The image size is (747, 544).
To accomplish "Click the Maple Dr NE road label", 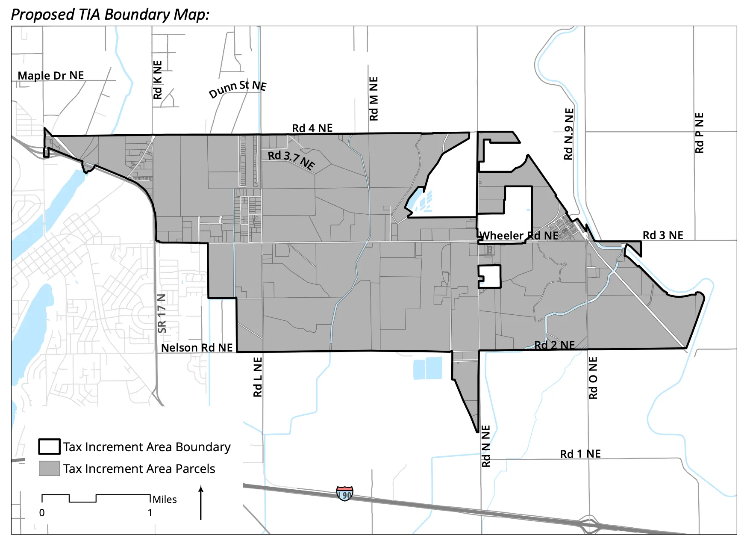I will (x=50, y=76).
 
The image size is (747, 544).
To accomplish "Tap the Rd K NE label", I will (x=158, y=80).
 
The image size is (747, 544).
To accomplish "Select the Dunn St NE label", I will (x=238, y=89).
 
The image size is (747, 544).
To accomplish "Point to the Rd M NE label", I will (x=373, y=99).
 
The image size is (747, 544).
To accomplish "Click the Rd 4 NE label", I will (x=312, y=128).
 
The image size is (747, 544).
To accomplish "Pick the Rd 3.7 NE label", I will (x=291, y=160).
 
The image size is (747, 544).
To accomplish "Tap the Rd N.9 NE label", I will (x=569, y=134).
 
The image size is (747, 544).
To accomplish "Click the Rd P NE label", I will (x=699, y=133).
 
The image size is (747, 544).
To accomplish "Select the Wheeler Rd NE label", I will (x=519, y=236).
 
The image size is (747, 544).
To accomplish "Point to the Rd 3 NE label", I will (x=663, y=235).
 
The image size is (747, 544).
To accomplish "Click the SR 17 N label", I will (x=162, y=313).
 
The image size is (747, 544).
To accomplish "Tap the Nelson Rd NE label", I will (x=197, y=348).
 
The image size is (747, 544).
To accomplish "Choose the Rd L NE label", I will (x=258, y=377).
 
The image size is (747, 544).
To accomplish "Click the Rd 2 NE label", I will (x=554, y=345).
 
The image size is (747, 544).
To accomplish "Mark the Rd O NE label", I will (x=593, y=378).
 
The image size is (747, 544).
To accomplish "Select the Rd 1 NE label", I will (x=580, y=454).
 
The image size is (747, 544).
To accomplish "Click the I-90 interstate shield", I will (x=344, y=494).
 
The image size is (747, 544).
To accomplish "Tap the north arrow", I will (x=201, y=503).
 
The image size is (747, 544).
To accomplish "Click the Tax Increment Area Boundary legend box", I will (x=49, y=446).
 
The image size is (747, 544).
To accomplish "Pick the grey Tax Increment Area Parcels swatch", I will (x=49, y=468).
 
